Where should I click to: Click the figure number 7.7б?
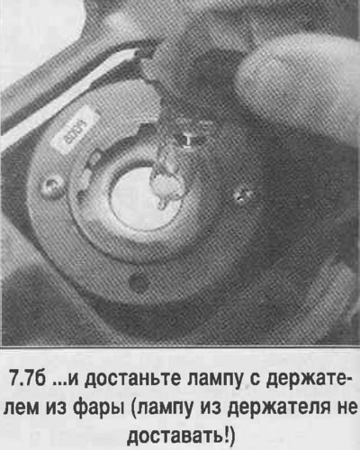tap(27, 380)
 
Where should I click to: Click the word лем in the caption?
tap(22, 409)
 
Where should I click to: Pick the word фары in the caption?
tap(97, 409)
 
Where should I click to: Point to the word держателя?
tap(276, 409)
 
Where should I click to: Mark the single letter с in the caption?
tap(254, 381)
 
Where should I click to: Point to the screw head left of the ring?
tap(51, 188)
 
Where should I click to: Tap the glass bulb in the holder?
tap(166, 182)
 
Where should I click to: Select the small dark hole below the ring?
tap(137, 282)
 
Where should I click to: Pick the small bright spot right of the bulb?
tap(240, 195)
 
